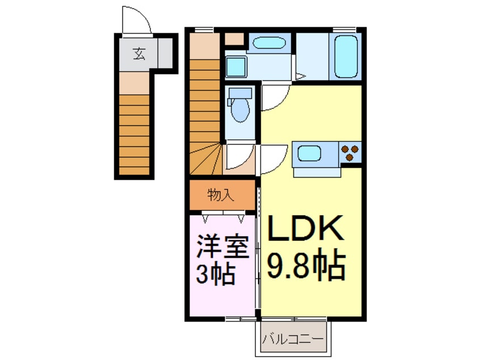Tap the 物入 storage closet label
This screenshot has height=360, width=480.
coord(221,195)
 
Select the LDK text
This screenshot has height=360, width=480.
coord(306,229)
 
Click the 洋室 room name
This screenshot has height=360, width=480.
coord(223,248)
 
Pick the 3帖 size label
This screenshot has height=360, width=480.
coord(216,275)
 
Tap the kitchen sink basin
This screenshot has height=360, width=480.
coord(309,153)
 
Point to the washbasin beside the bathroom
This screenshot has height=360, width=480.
coord(271,43)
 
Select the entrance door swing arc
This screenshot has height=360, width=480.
coord(136,20)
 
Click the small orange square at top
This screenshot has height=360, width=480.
coord(233,39)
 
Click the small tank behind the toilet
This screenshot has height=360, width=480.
coord(239,92)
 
